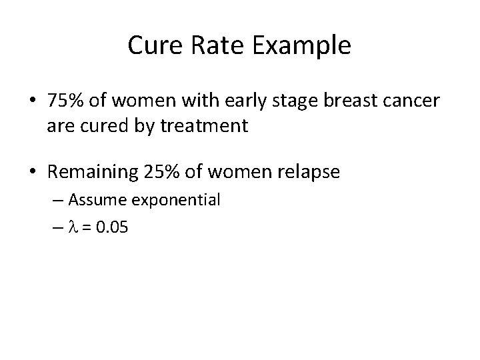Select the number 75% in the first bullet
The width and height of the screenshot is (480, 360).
[64, 102]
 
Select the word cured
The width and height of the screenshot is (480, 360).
[100, 125]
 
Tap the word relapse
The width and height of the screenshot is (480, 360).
[309, 173]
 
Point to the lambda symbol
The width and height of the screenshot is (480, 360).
[73, 228]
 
